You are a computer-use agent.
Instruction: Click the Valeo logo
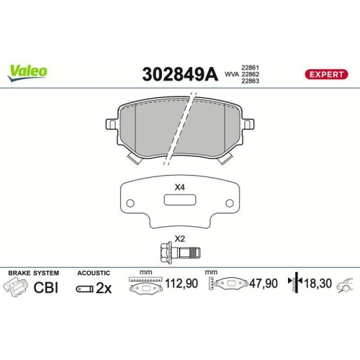28,71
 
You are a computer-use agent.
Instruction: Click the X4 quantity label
179,187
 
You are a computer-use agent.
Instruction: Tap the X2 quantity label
179,238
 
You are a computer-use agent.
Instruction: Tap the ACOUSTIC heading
94,274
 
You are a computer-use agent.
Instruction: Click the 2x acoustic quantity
104,289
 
